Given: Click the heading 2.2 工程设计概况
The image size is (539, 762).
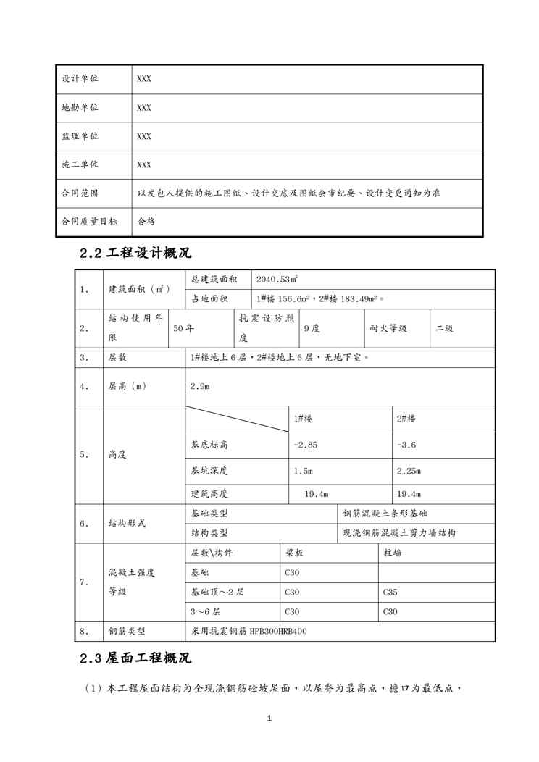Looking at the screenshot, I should (x=135, y=254).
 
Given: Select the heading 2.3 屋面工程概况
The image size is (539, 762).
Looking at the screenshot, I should (x=135, y=659).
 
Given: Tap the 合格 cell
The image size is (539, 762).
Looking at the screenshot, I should (x=146, y=222).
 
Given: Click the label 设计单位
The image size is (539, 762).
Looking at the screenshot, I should (x=80, y=79).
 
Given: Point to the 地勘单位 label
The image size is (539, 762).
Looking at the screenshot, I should (x=80, y=107).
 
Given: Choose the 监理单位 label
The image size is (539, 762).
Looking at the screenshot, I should (x=80, y=136).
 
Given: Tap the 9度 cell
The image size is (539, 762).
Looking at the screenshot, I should (x=312, y=328).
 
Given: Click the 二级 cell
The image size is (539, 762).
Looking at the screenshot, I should (x=444, y=328).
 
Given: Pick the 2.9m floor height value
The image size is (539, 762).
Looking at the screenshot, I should (x=200, y=386).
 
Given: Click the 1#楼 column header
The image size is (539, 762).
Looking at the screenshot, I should (x=304, y=419).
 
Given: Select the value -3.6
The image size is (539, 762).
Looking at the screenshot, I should (x=407, y=445).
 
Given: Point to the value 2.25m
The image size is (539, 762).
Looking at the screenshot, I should (x=409, y=471).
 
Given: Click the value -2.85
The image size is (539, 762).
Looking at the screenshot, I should (x=305, y=445).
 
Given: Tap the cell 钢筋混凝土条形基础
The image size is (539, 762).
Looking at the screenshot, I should (x=385, y=514).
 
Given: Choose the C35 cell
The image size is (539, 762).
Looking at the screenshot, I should (x=390, y=592).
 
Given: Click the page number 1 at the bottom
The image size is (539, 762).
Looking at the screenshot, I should (x=269, y=718).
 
